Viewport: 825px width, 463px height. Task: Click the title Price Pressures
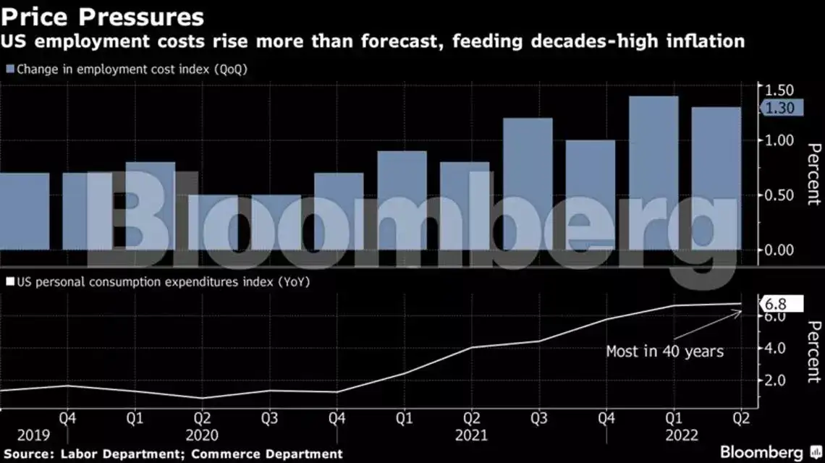pos(102,16)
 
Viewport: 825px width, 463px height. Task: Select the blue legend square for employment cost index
pos(9,69)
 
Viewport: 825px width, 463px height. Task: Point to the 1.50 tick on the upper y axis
pos(779,90)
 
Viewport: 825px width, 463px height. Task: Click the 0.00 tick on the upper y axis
pos(779,250)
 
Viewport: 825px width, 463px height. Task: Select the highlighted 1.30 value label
pos(780,108)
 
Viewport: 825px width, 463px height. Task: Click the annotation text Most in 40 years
pos(664,352)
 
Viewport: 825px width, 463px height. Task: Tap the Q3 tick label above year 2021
pos(538,419)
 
